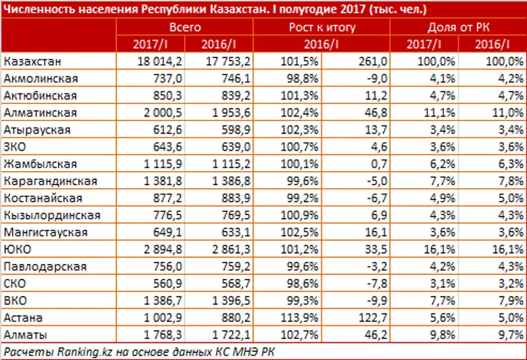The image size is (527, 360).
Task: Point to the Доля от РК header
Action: coord(458,28)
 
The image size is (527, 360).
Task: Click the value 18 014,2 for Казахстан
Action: coord(158,61)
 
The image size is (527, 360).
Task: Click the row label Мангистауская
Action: coord(40,232)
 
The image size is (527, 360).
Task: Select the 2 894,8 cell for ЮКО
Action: coord(158,249)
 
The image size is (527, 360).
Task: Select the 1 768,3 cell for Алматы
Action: coord(158,335)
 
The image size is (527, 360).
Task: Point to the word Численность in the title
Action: coord(36,9)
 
